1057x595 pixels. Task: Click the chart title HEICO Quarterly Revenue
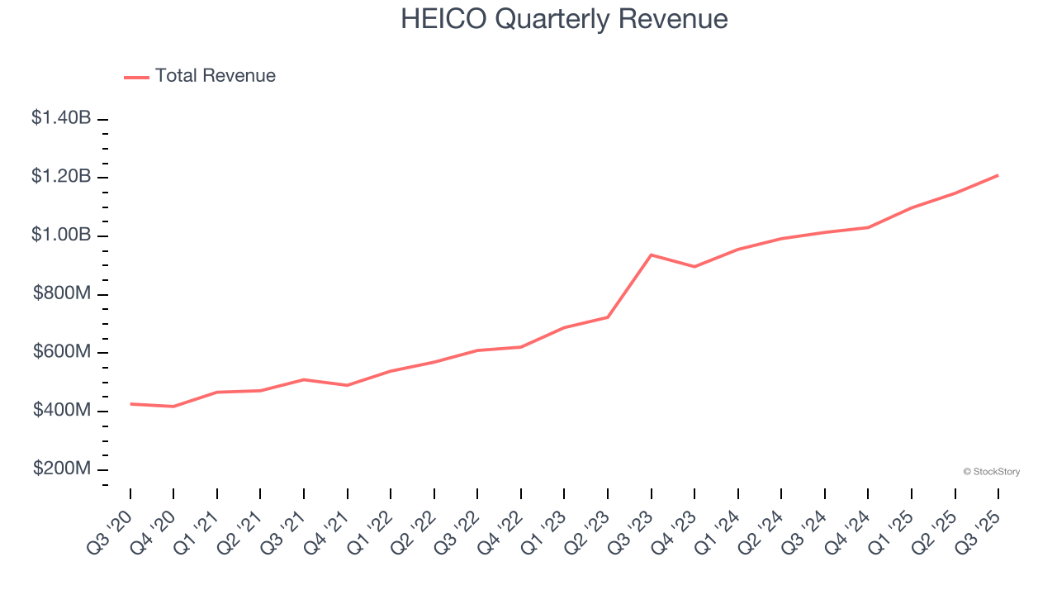click(564, 19)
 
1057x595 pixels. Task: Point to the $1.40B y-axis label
click(61, 118)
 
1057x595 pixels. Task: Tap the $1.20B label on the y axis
click(61, 177)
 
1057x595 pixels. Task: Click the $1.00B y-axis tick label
click(61, 236)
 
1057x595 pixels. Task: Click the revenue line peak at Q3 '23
click(652, 255)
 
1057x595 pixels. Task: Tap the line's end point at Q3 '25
click(998, 175)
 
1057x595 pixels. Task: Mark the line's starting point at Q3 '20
click(130, 404)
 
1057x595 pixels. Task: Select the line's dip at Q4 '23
click(694, 266)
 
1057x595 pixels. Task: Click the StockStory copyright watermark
click(991, 472)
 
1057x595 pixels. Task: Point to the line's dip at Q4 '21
click(348, 385)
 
